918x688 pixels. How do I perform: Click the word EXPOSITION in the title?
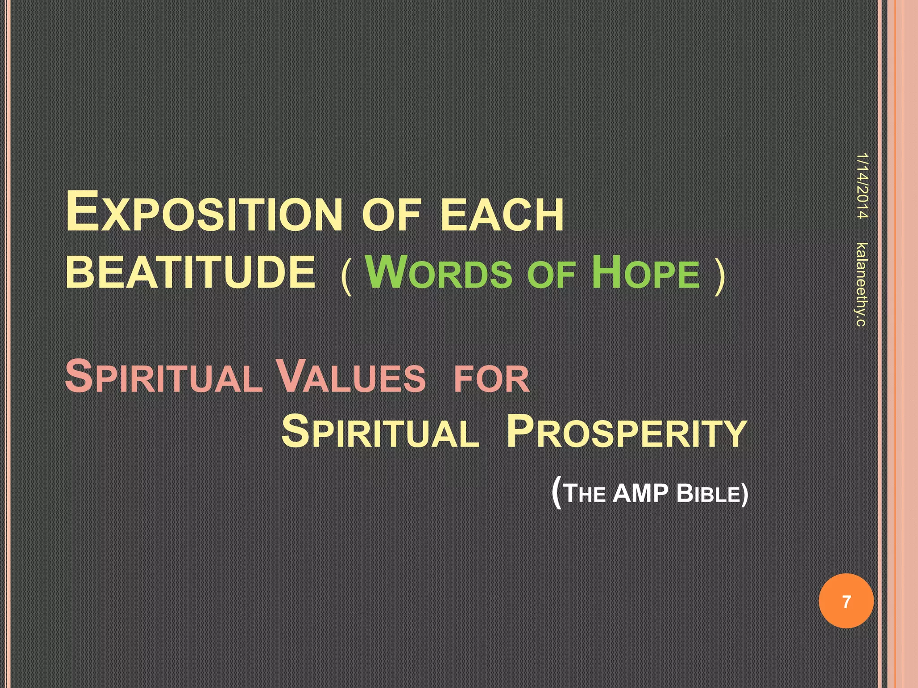click(204, 211)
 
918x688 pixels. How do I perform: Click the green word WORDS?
click(439, 271)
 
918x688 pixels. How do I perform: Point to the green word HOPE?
click(645, 271)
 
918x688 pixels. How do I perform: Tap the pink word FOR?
click(492, 379)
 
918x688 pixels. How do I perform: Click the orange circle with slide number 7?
click(846, 601)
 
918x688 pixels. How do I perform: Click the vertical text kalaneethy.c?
click(861, 284)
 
